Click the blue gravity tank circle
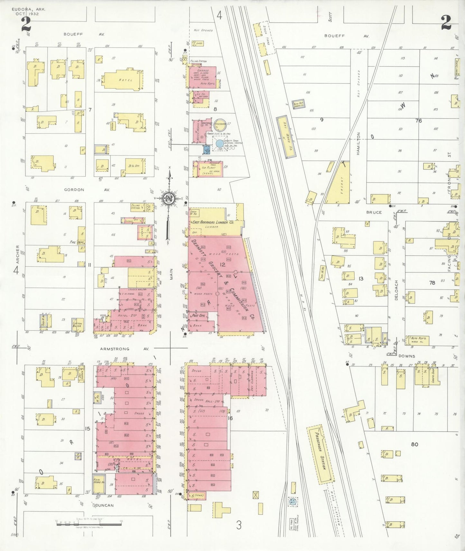[219, 143]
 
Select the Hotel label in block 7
[125, 80]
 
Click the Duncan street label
[105, 505]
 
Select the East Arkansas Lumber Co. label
[213, 222]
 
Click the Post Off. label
[199, 316]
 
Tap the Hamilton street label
[358, 144]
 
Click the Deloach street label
[396, 290]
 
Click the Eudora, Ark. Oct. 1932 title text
[28, 12]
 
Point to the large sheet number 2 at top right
[446, 23]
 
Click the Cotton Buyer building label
[77, 325]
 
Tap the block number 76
[418, 121]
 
